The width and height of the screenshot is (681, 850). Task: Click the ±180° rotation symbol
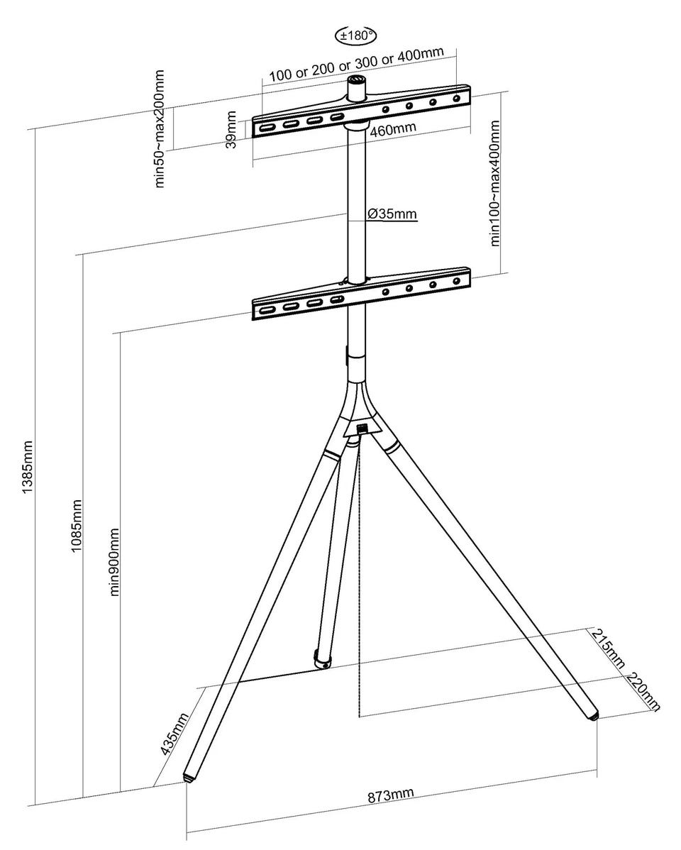tap(355, 36)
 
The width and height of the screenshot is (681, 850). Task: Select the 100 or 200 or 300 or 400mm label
tap(356, 64)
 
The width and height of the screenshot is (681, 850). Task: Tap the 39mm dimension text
tap(231, 130)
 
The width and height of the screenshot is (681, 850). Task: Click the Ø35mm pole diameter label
tap(392, 214)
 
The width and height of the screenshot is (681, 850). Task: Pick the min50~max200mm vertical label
tap(160, 128)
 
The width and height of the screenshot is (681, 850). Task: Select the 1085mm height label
tap(77, 526)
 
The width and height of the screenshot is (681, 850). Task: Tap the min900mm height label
tap(114, 562)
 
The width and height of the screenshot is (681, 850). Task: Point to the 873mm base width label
tap(390, 796)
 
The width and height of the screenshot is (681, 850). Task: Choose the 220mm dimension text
tap(644, 691)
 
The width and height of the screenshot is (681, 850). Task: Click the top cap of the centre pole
tap(357, 80)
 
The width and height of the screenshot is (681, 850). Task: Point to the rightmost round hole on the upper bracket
tap(457, 99)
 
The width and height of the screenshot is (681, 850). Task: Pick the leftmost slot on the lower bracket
tap(267, 310)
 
